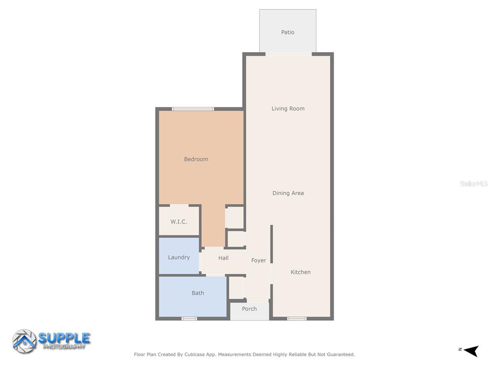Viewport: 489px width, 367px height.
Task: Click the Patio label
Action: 287,32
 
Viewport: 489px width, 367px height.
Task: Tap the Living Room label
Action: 288,108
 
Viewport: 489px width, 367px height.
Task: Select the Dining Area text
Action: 288,193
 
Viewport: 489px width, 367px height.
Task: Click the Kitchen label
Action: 300,272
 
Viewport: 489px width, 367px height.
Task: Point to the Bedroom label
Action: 196,159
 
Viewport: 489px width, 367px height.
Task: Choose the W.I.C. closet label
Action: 179,222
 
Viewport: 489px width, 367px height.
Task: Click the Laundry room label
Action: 179,258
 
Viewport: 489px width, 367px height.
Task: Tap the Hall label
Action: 223,258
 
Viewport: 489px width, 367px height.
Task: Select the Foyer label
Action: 258,260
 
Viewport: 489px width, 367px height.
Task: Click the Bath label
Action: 198,293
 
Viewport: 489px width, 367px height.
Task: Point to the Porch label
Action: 249,309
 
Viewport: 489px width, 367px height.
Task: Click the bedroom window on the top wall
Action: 193,109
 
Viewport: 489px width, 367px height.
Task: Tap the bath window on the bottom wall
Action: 189,319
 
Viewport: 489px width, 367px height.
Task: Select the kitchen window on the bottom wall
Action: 297,319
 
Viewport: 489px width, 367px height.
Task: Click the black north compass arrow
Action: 471,351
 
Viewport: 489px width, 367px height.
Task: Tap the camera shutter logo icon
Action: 24,341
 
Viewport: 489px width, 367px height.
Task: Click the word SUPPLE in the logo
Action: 64,338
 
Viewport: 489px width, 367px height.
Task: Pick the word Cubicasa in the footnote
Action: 195,355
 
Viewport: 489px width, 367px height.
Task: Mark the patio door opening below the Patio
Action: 288,54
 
